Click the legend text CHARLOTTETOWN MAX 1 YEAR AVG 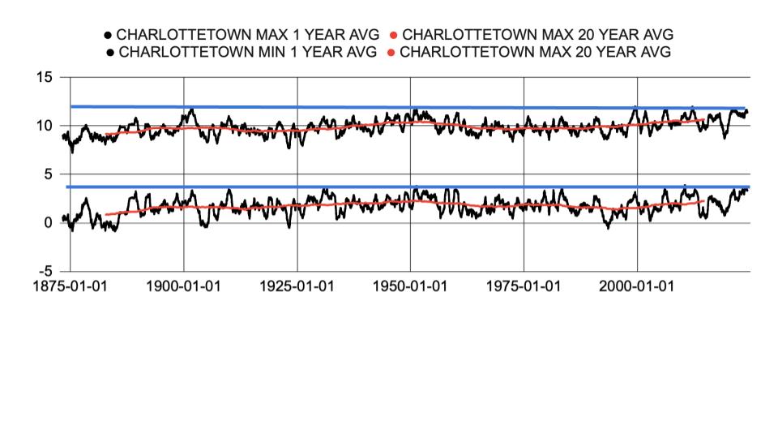point(248,35)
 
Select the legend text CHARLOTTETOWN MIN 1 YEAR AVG point(247,53)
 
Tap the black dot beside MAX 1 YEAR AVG point(108,35)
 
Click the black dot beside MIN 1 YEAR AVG point(109,53)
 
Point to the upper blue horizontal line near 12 point(405,107)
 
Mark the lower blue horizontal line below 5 point(405,187)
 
